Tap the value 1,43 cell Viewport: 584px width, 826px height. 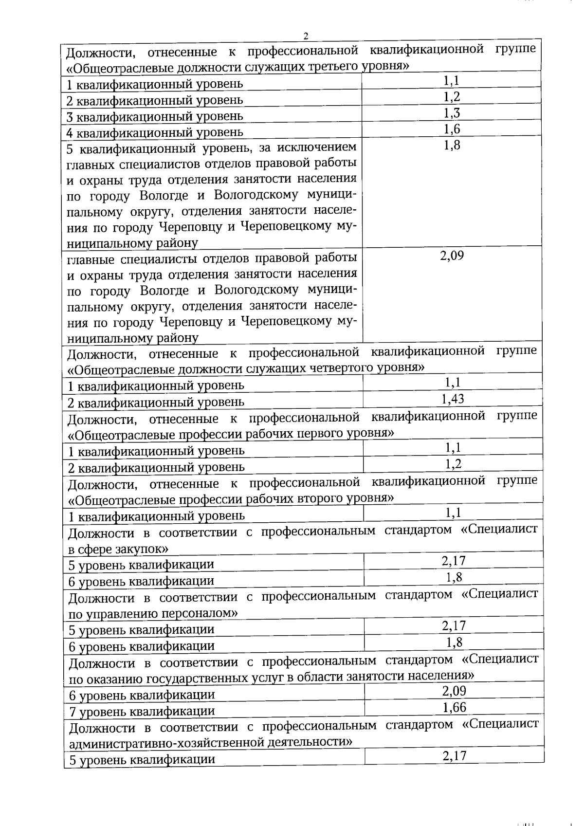(453, 399)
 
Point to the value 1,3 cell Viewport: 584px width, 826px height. (452, 113)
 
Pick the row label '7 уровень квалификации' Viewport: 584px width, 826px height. (142, 712)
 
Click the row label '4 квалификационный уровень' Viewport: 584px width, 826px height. (155, 132)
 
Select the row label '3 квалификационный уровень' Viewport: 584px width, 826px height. (155, 116)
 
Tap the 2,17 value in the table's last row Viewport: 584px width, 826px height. (455, 756)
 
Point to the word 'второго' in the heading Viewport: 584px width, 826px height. (325, 499)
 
